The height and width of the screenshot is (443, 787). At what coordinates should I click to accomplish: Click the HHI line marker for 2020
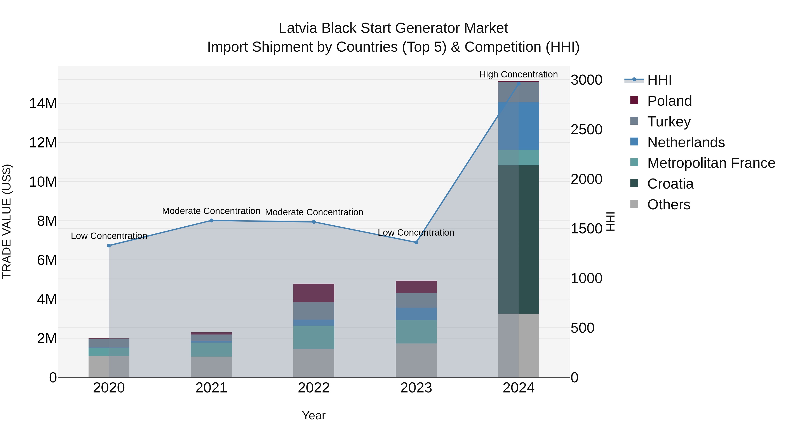coord(109,245)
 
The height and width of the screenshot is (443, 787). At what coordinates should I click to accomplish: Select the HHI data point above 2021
coord(211,221)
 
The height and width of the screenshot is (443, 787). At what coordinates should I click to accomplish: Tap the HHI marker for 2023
coord(416,242)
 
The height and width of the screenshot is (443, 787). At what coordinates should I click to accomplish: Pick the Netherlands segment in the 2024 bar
coord(519,126)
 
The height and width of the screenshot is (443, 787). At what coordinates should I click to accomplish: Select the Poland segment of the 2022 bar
coord(314,293)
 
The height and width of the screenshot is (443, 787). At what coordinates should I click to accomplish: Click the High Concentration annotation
coord(519,74)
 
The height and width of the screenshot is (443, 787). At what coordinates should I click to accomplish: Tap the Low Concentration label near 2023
coord(416,233)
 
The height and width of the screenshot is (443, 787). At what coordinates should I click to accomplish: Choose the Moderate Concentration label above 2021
coord(211,211)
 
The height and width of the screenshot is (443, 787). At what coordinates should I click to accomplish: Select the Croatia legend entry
coord(670,184)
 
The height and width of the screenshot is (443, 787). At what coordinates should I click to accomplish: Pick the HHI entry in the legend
coord(659,80)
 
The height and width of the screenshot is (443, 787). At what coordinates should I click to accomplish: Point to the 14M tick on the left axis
coord(43,104)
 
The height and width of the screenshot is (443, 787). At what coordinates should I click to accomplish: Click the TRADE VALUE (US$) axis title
coord(7,221)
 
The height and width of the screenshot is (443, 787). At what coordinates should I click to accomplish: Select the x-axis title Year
coord(314,415)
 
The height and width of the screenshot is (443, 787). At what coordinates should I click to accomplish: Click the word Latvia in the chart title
coord(298,28)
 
